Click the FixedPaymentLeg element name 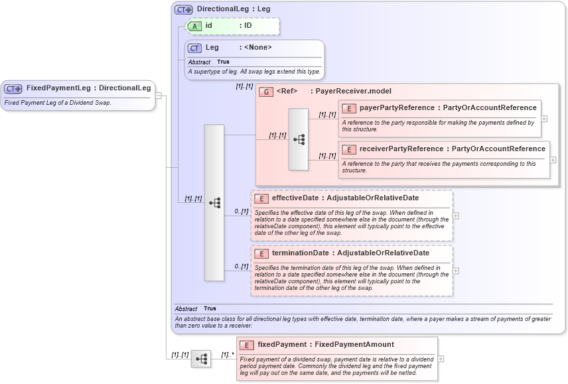tap(58, 88)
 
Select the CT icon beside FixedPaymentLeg tap(13, 89)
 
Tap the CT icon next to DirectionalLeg tap(184, 10)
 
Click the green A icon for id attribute tap(194, 26)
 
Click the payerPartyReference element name tap(397, 108)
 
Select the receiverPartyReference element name tap(404, 149)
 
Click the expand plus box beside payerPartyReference tap(544, 119)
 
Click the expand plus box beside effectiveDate tap(456, 216)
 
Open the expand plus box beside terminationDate tap(456, 271)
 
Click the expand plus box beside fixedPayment tap(441, 359)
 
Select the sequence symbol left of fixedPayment tap(201, 359)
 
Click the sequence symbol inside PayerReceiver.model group tap(299, 139)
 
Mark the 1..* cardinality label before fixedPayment tap(227, 355)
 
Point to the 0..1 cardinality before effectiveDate tap(241, 212)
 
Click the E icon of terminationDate tap(261, 253)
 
